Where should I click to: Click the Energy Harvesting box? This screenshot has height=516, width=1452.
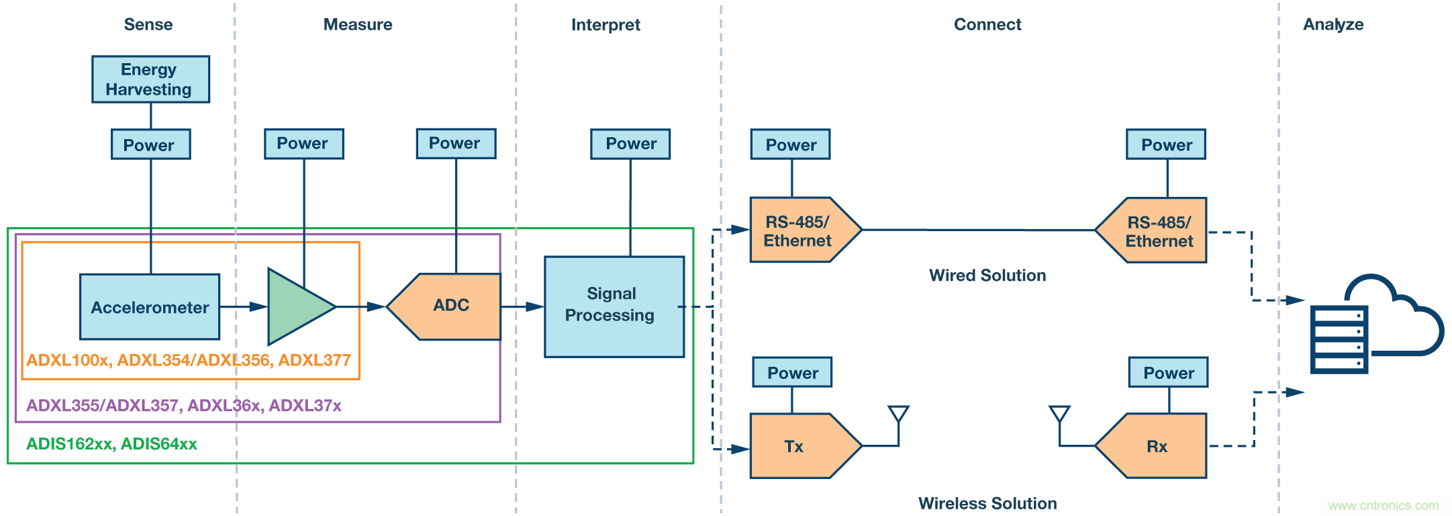[x=150, y=79]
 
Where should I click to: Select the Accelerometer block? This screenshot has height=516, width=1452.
[x=150, y=307]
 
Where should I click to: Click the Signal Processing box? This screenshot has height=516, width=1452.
[x=614, y=306]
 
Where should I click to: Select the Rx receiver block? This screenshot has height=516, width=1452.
[x=1154, y=446]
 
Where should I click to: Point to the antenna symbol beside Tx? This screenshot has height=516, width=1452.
[x=898, y=415]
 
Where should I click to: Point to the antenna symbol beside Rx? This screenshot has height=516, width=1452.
[x=1059, y=415]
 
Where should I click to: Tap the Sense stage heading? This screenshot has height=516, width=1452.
[x=148, y=25]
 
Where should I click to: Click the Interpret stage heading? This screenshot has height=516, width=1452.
[x=606, y=25]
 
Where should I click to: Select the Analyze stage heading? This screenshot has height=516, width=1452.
[x=1333, y=25]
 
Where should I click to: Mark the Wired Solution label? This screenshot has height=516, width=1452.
[x=987, y=275]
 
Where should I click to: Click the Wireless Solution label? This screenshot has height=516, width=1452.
[x=987, y=503]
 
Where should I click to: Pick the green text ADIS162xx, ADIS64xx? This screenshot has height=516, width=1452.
[x=111, y=444]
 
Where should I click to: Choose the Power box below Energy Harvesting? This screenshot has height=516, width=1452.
[x=150, y=144]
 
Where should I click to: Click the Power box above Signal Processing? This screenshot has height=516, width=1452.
[x=630, y=144]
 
